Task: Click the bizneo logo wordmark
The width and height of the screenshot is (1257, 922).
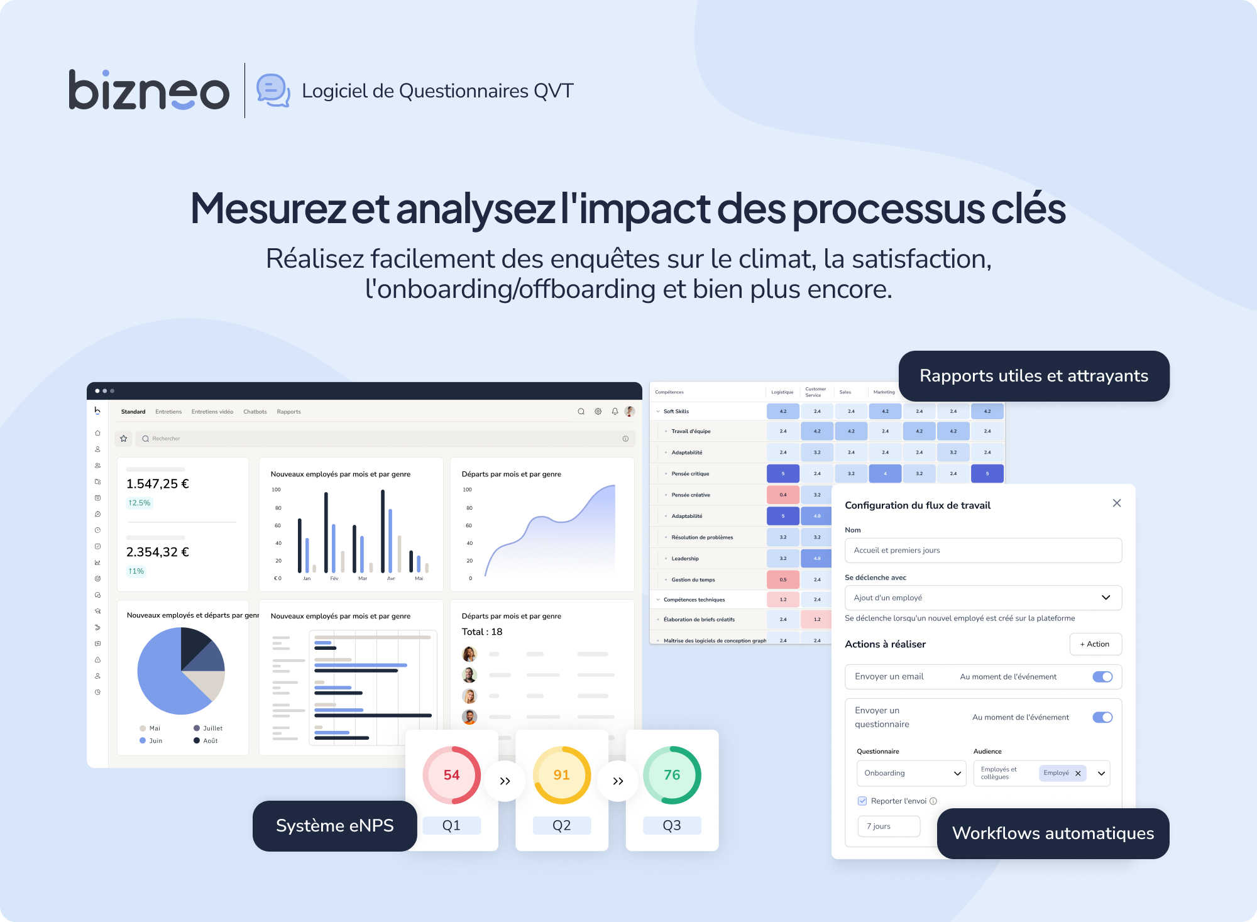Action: [148, 91]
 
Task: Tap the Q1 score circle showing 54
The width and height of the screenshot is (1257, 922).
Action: [451, 775]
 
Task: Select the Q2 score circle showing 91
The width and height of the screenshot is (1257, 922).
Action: [561, 775]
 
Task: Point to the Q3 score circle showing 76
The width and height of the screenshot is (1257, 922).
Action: [671, 775]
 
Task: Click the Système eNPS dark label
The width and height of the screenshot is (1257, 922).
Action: [334, 826]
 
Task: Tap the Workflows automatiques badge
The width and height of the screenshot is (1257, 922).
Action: [1053, 833]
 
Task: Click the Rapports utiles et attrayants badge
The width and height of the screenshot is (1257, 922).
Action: [1033, 376]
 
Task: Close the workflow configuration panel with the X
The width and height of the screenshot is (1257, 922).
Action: [1117, 503]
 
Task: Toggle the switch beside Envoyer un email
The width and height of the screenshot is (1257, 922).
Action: [1102, 677]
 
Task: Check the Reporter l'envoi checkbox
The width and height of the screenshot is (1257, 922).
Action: [862, 801]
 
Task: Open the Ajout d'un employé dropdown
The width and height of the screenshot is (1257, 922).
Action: [983, 598]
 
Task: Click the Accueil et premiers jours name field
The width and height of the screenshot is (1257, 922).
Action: [983, 551]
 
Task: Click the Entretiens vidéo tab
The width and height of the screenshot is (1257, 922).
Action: [212, 412]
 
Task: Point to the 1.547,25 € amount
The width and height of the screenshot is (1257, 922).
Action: [158, 484]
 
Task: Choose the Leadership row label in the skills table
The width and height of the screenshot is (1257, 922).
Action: [684, 559]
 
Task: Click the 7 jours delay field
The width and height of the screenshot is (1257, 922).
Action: [889, 826]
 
